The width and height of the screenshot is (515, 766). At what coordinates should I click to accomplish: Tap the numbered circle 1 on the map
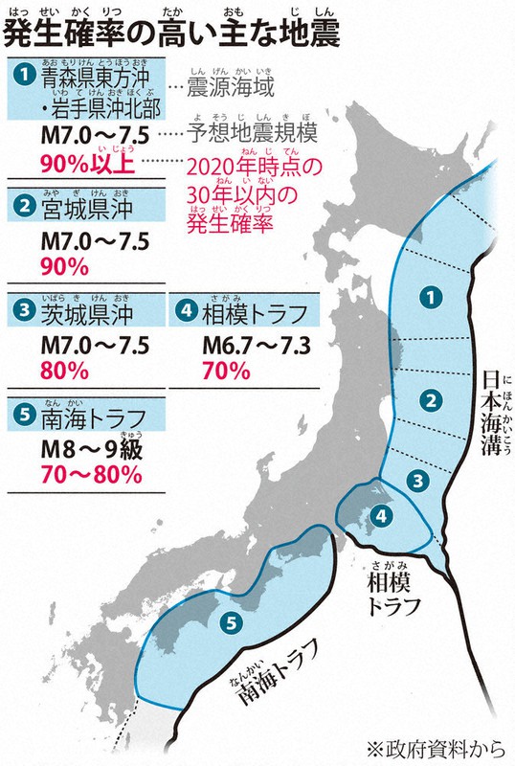pyautogui.click(x=432, y=297)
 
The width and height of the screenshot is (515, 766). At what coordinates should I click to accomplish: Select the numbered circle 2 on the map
pyautogui.click(x=432, y=398)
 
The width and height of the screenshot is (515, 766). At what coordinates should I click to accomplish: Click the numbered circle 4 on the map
pyautogui.click(x=381, y=515)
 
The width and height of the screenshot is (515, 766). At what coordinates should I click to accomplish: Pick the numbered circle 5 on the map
pyautogui.click(x=229, y=623)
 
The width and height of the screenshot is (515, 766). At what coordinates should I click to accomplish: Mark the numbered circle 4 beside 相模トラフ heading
pyautogui.click(x=188, y=311)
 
